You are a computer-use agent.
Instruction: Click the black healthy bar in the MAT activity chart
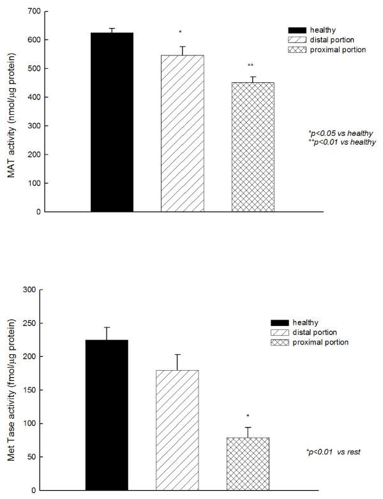pos(112,122)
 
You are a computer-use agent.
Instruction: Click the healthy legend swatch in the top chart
pos(297,29)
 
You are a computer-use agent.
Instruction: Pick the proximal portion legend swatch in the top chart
pos(297,49)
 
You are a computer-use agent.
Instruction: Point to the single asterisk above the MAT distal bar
pos(181,31)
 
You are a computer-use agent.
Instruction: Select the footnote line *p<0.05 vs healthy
pos(340,133)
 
